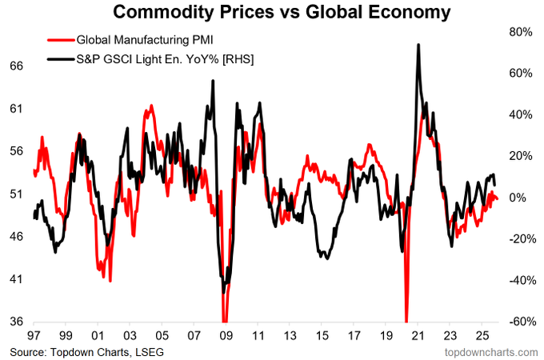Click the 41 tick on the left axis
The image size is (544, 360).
pyautogui.click(x=15, y=279)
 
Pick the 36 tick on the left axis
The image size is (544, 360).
pyautogui.click(x=15, y=322)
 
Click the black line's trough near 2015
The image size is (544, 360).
pyautogui.click(x=324, y=258)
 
